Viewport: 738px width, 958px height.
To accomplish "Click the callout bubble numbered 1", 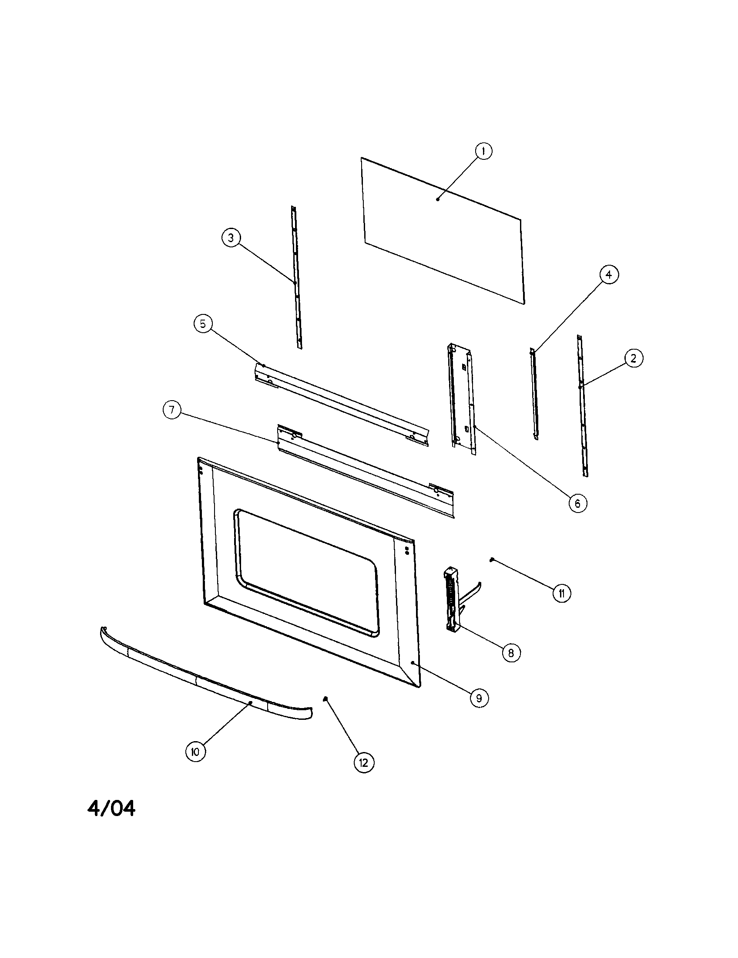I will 483,152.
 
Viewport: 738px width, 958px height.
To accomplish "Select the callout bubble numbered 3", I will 231,238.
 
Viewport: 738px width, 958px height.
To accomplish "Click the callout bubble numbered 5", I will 203,324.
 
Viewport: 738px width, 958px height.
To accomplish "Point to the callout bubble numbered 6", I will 577,503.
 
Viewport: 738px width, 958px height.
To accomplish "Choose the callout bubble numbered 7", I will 172,410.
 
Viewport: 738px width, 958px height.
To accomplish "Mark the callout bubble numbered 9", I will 479,698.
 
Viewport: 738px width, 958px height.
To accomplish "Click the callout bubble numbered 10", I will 195,752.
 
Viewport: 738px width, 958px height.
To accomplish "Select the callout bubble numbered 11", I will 562,594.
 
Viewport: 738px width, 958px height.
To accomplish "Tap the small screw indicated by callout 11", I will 492,559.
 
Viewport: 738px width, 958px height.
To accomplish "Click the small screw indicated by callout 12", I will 325,698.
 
